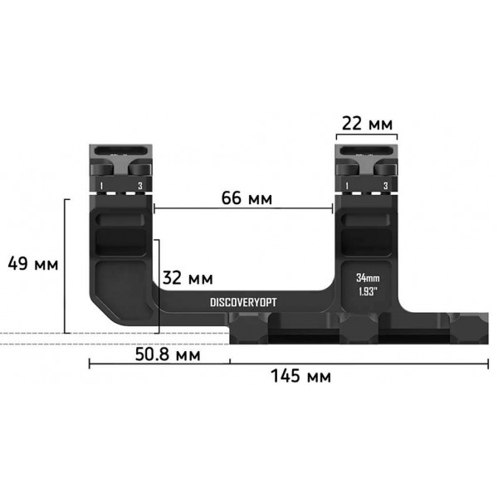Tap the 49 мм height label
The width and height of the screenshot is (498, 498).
coord(32,265)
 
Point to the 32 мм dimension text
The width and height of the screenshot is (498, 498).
coord(187,276)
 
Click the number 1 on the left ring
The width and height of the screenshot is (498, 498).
coord(100,185)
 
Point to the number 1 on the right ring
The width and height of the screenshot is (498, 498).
coord(346,185)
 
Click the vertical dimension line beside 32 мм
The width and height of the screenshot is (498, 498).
coord(159,282)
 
